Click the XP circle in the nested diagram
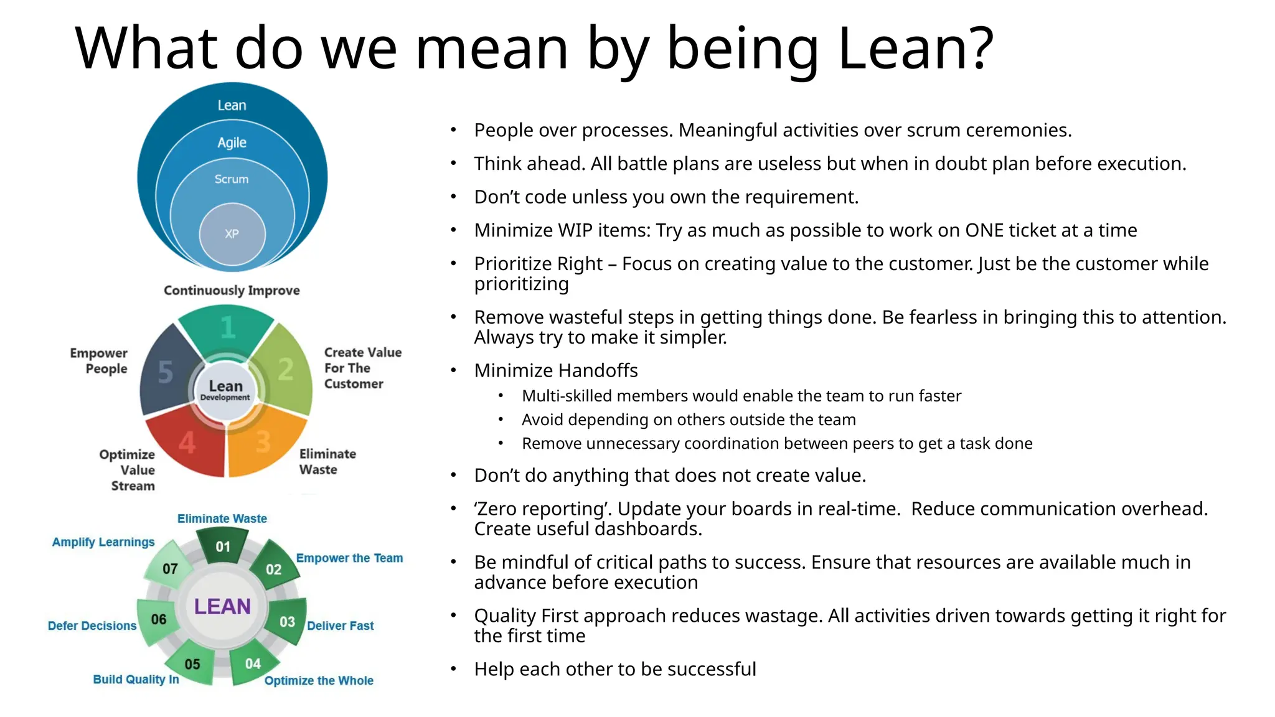(232, 234)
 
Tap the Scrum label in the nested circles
(232, 179)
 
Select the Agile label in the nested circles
(232, 143)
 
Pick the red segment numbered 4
(187, 443)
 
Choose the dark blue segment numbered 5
(165, 372)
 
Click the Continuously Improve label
(232, 291)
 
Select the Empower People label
(100, 361)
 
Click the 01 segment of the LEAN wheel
(223, 546)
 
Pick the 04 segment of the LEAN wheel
(253, 663)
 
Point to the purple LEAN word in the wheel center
(222, 606)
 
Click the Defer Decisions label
(92, 626)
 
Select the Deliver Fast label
(340, 626)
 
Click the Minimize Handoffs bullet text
(556, 371)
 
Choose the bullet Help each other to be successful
(614, 669)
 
